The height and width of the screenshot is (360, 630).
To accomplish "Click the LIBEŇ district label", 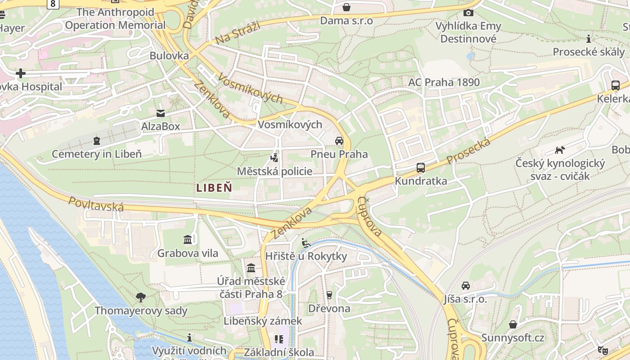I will coord(214,188).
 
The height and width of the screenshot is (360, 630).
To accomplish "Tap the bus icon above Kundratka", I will coord(421,168).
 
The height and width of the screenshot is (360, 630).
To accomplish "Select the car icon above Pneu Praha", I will coord(339,141).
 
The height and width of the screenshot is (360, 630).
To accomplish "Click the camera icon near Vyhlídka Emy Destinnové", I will coord(468,13).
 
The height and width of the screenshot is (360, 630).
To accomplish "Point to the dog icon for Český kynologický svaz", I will coord(560,150).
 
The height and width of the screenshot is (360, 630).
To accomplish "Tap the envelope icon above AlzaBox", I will coord(161,113).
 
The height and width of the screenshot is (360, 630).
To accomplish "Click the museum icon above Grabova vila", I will coord(188,239).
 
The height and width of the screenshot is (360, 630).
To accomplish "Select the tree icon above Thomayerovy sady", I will coord(141,297).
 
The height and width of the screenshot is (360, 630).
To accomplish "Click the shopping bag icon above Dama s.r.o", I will coord(346,7).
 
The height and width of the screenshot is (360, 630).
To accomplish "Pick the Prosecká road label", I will coord(468,152).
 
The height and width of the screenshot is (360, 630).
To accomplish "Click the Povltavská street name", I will coord(96,204).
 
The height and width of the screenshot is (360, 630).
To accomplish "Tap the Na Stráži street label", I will coord(238,33).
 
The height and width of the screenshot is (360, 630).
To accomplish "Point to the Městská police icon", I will coord(274,157).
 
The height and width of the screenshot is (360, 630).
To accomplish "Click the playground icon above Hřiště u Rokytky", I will coord(306,243).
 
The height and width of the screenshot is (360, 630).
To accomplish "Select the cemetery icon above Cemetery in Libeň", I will coord(97,141).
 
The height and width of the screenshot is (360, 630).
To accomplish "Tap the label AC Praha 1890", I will coord(444,82).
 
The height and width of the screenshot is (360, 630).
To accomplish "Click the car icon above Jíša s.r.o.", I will coord(466,286).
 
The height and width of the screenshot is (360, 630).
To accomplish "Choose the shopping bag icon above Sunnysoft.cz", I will coord(513,324).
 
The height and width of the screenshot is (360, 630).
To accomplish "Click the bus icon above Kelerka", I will coord(616,85).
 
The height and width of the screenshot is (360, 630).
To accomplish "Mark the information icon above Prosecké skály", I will coord(589,39).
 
